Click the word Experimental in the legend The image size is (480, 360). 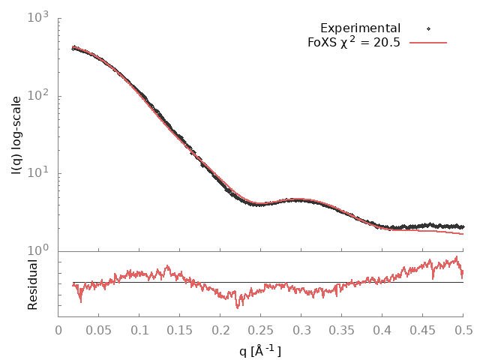pyautogui.click(x=360, y=28)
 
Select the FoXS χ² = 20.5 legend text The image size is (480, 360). pyautogui.click(x=353, y=42)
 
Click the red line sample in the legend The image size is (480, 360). pyautogui.click(x=427, y=43)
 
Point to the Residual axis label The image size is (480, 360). pyautogui.click(x=33, y=284)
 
